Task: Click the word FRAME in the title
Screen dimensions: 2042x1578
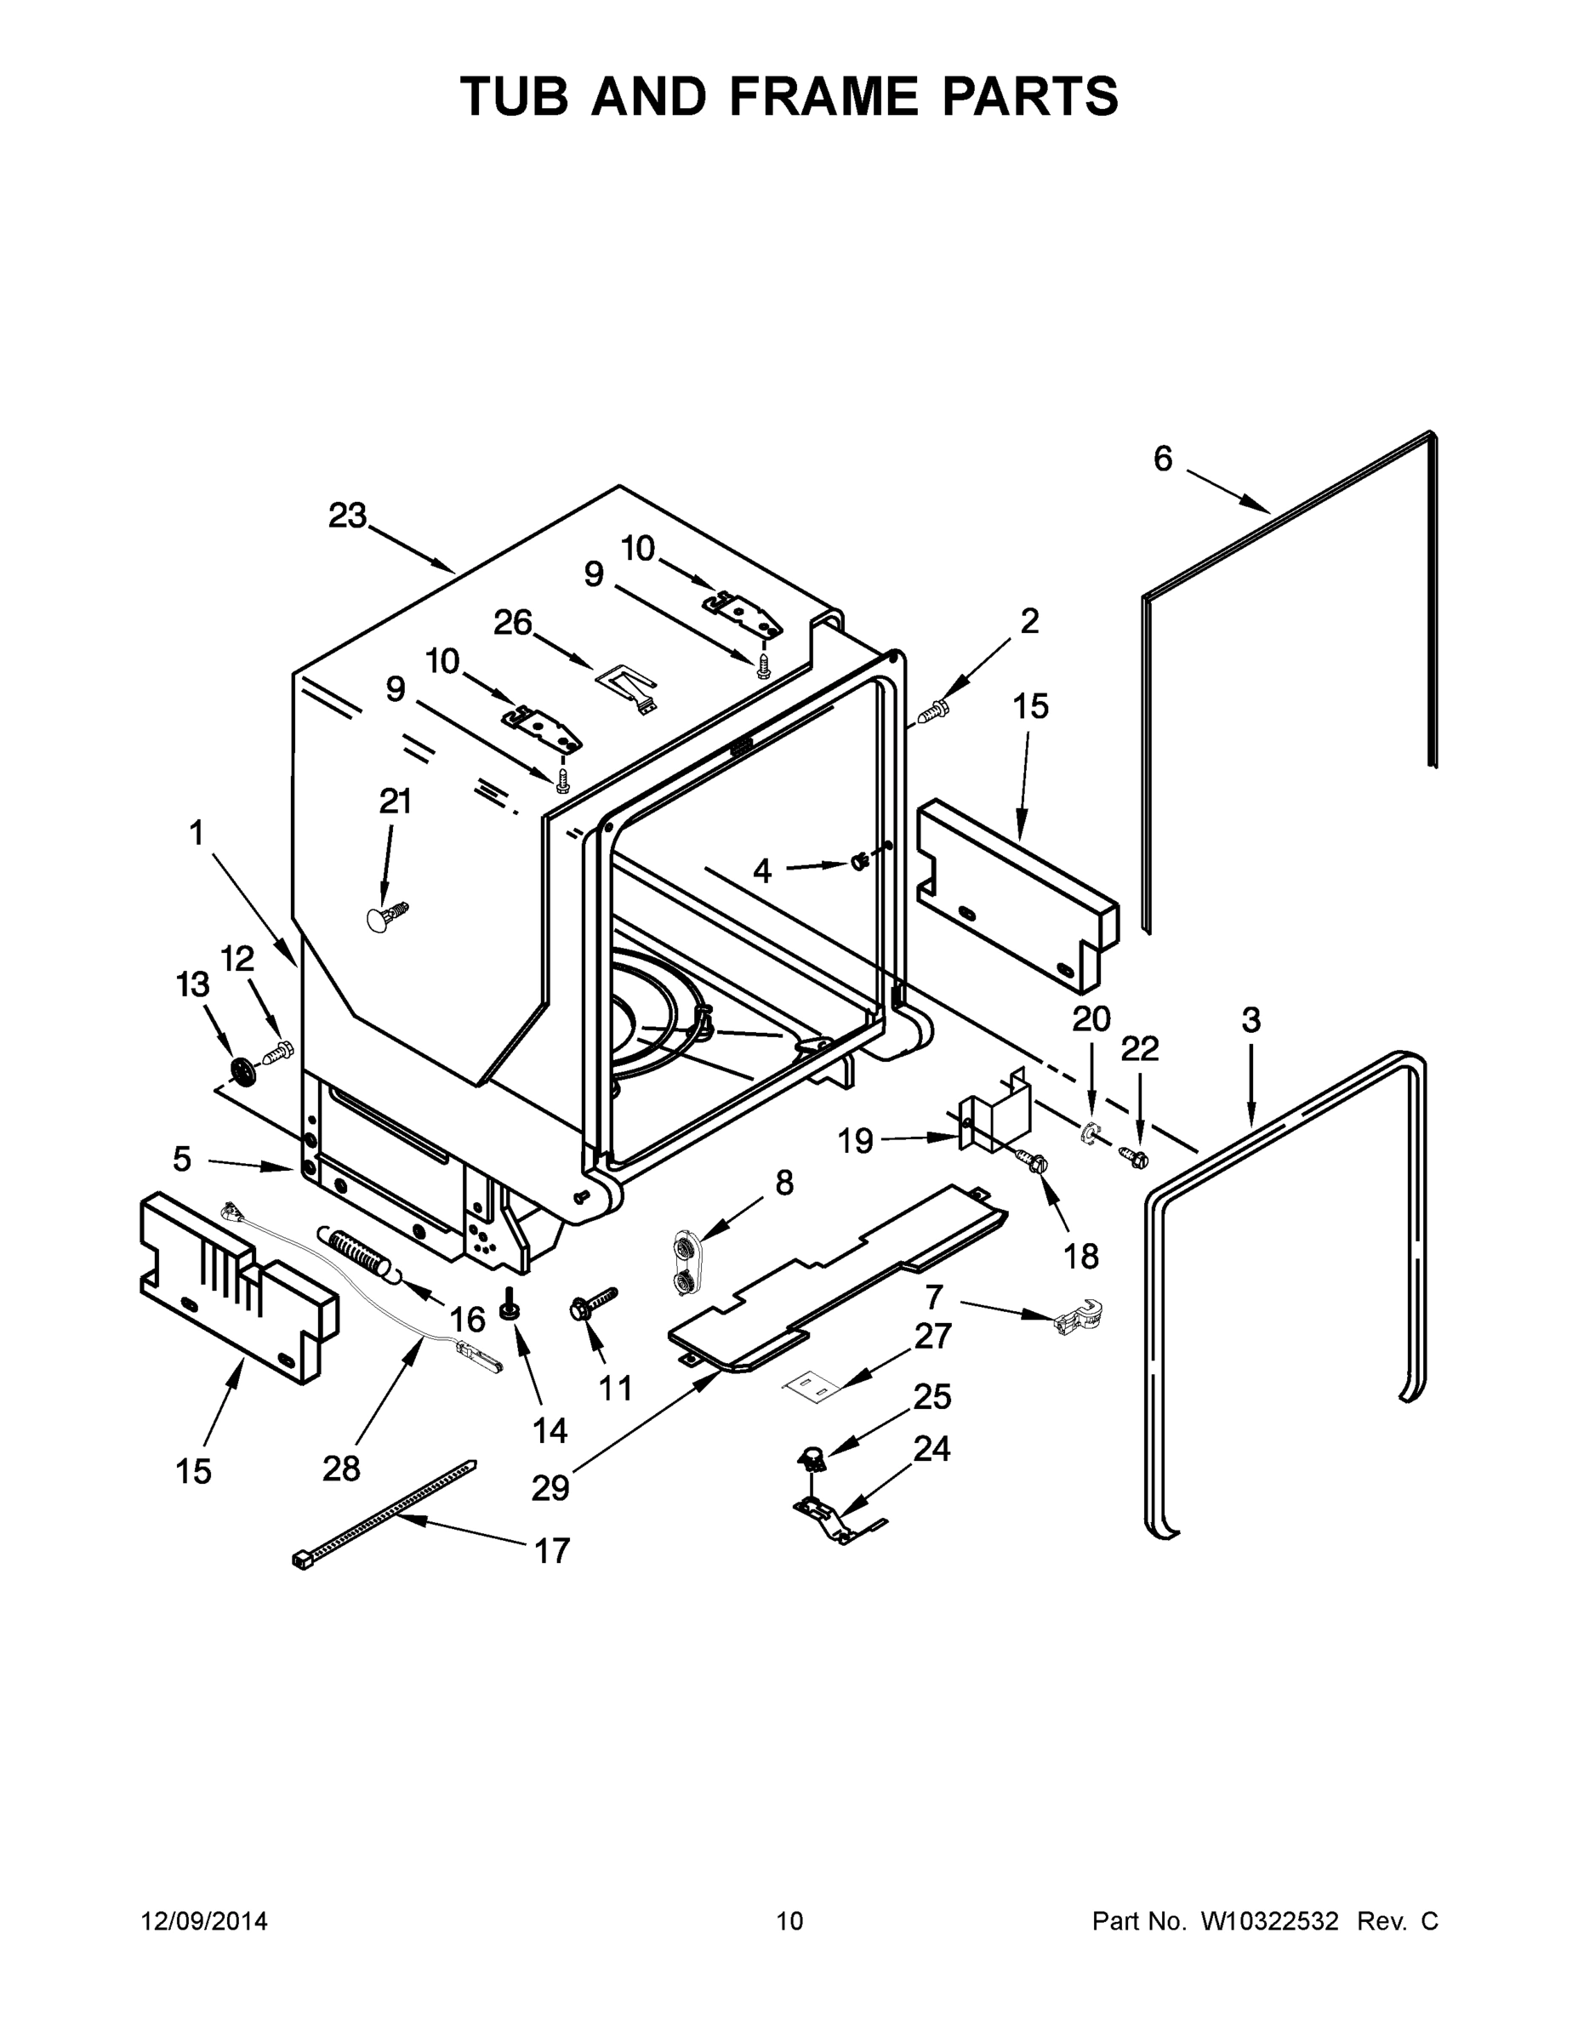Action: click(823, 96)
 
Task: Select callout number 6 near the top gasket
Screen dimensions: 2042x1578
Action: click(1162, 459)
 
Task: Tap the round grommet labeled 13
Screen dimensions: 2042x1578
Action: click(242, 1071)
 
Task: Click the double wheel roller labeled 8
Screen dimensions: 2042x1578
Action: click(687, 1264)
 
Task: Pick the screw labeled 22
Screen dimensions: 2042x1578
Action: click(1133, 1156)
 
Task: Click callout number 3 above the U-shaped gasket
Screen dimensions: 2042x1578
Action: click(1250, 1020)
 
